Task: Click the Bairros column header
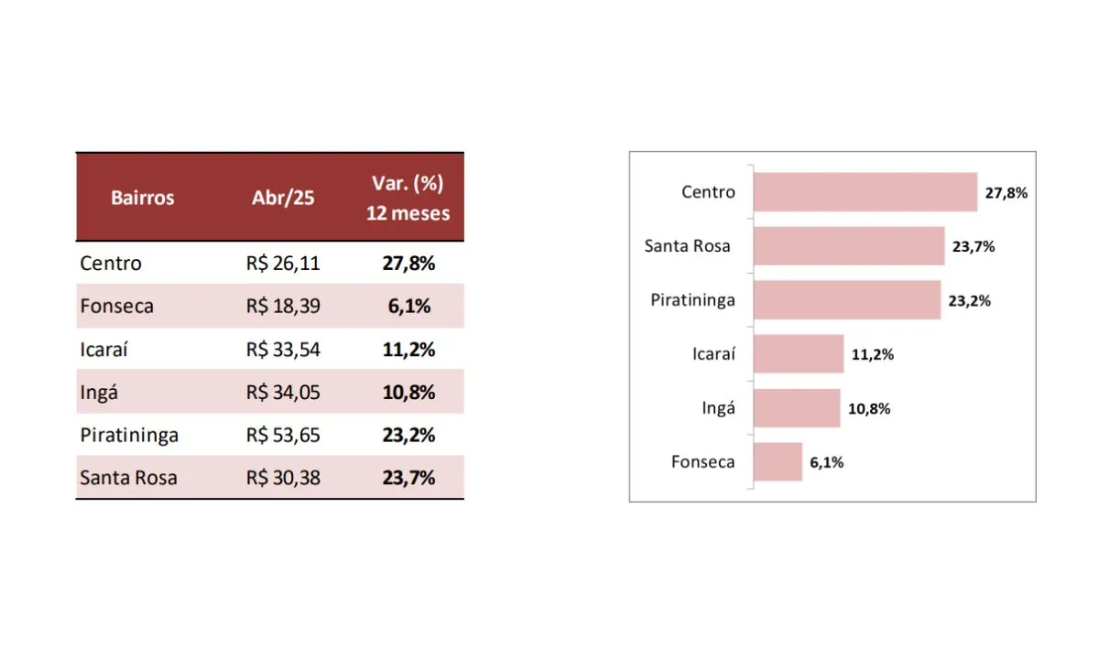coord(142,198)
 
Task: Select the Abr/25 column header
coord(282,198)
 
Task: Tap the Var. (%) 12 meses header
coord(408,198)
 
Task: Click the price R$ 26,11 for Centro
coord(283,264)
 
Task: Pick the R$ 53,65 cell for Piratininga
coord(283,435)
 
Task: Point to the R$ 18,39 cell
coord(283,307)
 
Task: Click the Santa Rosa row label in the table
coord(128,478)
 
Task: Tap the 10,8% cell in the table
coord(408,393)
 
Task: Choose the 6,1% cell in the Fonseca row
coord(408,307)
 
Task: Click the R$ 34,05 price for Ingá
coord(283,393)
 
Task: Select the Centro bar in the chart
coord(865,192)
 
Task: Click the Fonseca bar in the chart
coord(778,462)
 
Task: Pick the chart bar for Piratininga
coord(846,300)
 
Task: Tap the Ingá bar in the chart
coord(796,408)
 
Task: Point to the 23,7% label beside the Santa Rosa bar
coord(974,246)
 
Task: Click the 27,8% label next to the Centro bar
coord(1007,193)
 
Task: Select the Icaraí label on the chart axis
coord(713,354)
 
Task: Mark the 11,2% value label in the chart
coord(872,355)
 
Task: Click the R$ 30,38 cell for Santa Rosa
coord(283,478)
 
